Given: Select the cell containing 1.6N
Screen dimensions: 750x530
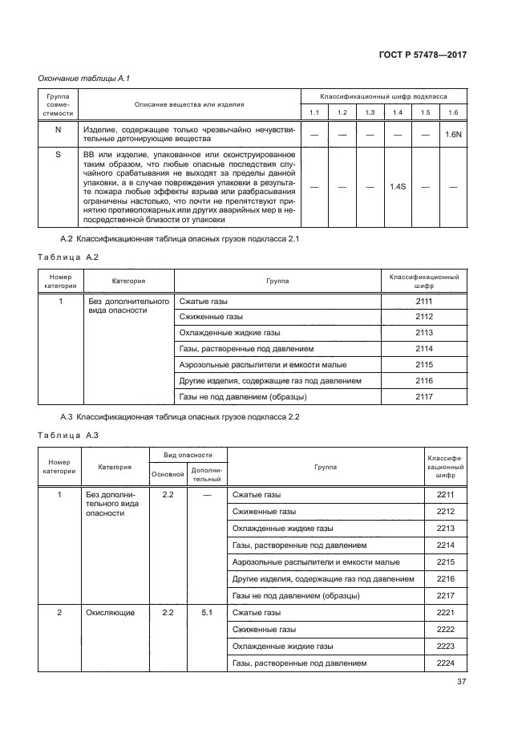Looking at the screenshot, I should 453,135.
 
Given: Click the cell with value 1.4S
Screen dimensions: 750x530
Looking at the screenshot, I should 398,187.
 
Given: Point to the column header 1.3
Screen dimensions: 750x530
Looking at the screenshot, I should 370,112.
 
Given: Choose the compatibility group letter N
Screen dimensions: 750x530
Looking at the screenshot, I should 58,129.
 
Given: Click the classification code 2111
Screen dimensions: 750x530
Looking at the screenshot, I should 424,301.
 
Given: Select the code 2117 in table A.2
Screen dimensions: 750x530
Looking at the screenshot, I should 424,397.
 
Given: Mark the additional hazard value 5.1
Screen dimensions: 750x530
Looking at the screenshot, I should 207,613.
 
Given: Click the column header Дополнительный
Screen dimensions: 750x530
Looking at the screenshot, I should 207,474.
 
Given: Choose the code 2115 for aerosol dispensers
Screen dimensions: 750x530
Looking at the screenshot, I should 424,365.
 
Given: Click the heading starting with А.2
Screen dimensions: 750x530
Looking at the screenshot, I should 180,239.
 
